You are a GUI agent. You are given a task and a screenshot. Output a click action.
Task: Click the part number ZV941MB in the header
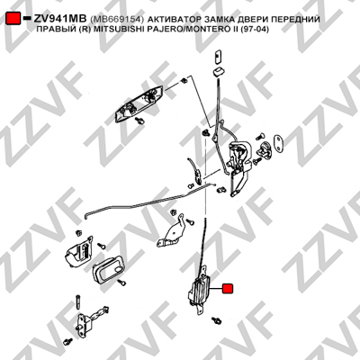tap(60, 19)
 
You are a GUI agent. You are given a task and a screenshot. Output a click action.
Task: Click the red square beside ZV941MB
tap(13, 19)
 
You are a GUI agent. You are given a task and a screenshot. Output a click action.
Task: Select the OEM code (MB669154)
tap(117, 19)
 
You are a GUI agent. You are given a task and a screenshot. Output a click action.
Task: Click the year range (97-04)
tap(254, 30)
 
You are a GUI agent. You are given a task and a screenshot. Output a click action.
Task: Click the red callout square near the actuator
tap(228, 289)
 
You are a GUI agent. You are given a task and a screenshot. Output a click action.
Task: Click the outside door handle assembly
tap(139, 103)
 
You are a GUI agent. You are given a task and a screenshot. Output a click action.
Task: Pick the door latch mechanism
tap(238, 164)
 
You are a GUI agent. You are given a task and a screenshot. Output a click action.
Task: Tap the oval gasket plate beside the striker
tap(279, 143)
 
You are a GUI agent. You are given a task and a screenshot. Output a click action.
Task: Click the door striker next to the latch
tap(265, 148)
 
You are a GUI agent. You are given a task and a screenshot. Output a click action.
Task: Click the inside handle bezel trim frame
tap(108, 268)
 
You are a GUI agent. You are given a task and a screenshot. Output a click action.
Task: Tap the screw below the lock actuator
tap(216, 319)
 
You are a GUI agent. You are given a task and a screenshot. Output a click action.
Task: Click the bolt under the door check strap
tap(68, 342)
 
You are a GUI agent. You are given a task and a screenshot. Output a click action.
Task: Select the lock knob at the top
tap(218, 57)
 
